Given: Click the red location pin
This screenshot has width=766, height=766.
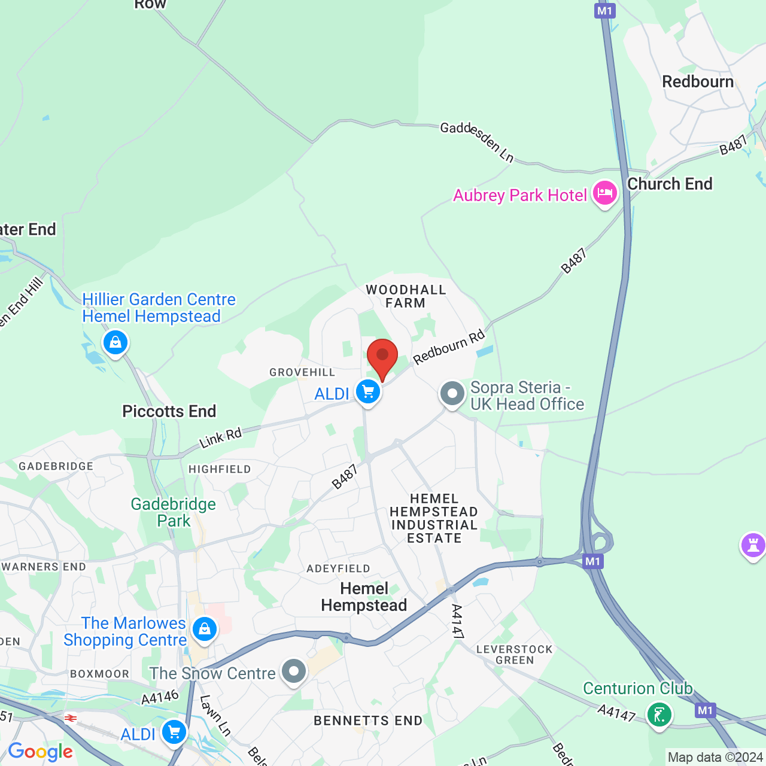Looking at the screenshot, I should coord(382,358).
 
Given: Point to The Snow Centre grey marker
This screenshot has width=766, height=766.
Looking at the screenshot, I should coord(294,671).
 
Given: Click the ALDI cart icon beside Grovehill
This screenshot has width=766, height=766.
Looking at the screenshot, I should coord(368,393).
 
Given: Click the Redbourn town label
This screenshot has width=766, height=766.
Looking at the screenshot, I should coord(698,82).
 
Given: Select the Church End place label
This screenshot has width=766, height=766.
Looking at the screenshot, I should coord(670,184).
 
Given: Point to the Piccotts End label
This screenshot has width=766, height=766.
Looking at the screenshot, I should coord(169,412).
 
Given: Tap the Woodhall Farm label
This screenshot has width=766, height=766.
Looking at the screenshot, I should coord(406,296).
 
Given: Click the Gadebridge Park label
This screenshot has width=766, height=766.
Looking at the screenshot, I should coord(174,512).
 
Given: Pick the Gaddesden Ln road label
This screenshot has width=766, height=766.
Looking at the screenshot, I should coord(477,142).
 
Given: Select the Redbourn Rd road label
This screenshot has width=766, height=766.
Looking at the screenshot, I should coord(449,346).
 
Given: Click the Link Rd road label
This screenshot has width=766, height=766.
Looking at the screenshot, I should coord(220,437).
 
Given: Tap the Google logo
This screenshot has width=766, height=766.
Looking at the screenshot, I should coord(41,752).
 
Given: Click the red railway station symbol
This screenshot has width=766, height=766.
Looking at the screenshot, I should coord(71,718).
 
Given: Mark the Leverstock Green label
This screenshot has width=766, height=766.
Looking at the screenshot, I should coord(515,655).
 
